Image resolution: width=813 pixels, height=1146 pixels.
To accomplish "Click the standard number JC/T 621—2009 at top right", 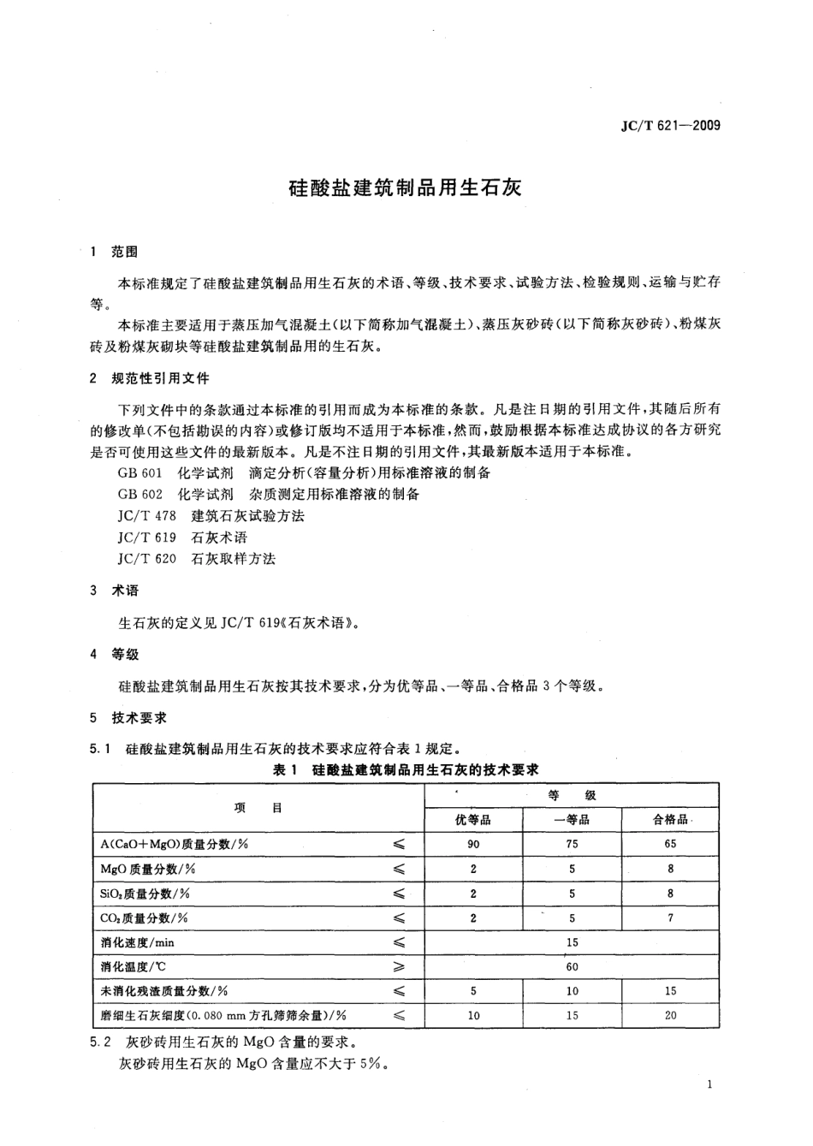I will point(669,125).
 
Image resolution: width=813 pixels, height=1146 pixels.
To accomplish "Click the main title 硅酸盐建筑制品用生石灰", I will point(405,187).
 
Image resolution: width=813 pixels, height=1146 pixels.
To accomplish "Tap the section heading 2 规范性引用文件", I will point(149,378).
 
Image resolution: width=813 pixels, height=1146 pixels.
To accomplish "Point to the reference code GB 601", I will point(139,472).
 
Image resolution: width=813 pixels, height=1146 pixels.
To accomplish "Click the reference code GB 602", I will point(139,494).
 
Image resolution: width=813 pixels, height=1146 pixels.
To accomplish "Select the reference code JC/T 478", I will point(146,515).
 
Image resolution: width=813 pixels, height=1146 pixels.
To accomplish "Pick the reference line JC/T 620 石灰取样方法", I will point(197,558).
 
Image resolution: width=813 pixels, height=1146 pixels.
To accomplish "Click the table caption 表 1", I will point(283,769).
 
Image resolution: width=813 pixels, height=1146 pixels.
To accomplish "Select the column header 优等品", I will point(473,820).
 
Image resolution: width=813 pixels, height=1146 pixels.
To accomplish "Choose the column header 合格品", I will point(670,820).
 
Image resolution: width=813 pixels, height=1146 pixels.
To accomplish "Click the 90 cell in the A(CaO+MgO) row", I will point(473,844).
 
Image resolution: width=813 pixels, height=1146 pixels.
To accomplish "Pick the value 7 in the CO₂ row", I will point(670,917).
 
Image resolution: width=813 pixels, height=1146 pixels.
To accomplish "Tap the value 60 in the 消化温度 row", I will point(572,967).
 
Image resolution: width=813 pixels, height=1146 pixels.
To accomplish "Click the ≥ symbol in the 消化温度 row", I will point(398,967).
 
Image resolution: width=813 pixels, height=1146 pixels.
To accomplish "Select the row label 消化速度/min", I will point(137,942).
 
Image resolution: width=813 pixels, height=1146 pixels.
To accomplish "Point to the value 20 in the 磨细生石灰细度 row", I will point(670,1016).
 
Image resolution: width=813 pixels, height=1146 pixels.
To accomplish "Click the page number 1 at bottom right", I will point(711,1085).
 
